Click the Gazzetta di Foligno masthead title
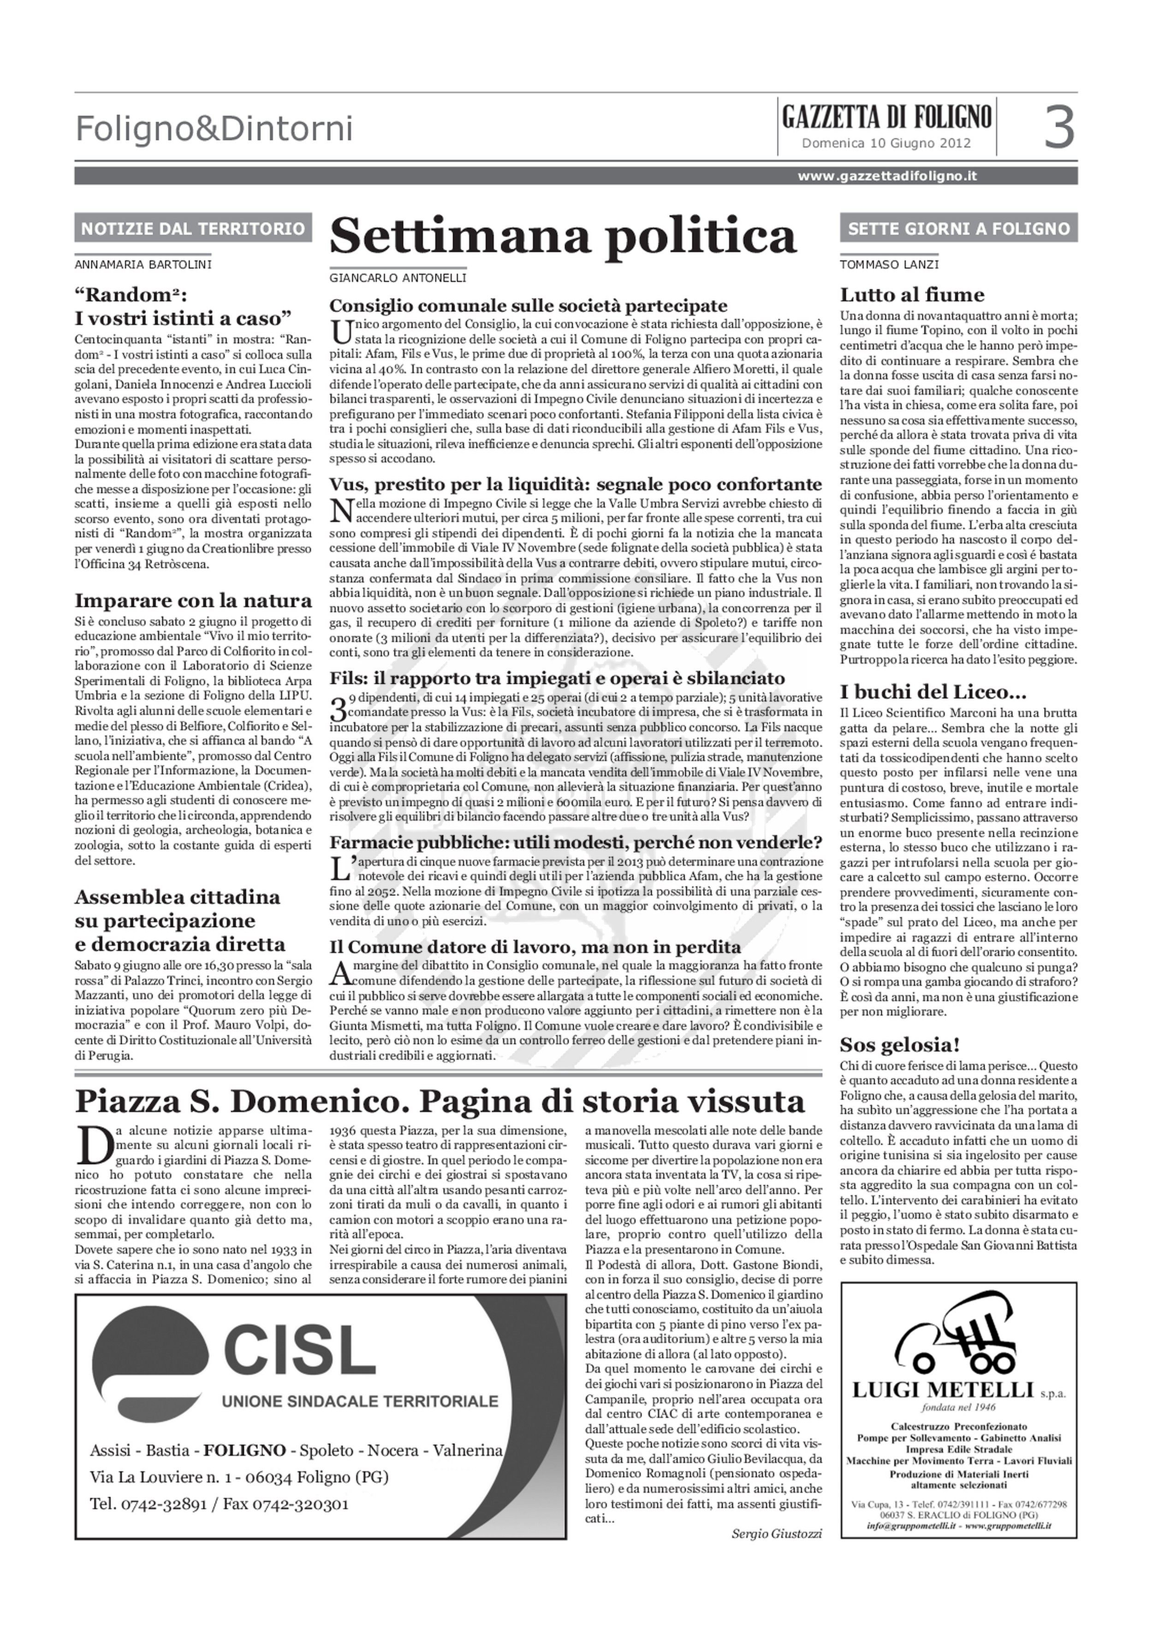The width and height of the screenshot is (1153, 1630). point(886,116)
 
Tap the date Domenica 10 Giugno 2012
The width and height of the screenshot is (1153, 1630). point(886,143)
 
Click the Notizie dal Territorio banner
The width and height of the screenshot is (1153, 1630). point(193,229)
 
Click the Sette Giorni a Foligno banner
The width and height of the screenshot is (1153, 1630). point(958,229)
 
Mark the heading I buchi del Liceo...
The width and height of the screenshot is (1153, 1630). point(923,691)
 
